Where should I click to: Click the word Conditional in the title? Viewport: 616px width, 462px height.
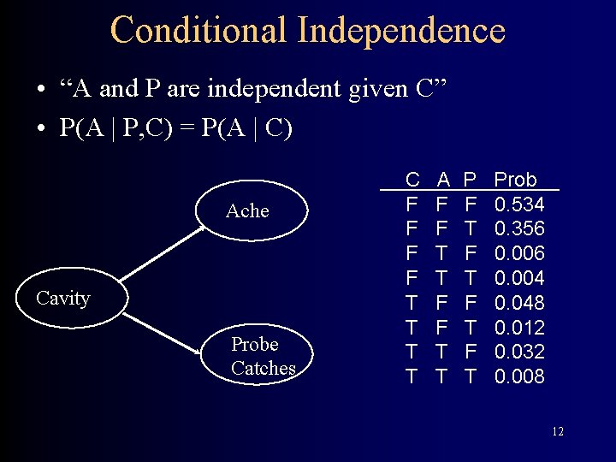[x=198, y=29]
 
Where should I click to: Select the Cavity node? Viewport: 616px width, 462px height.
[x=63, y=299]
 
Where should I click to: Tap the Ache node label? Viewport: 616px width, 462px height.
[x=247, y=210]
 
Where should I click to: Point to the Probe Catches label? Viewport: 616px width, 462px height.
[x=263, y=356]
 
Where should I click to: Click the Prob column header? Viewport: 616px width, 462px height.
[x=516, y=180]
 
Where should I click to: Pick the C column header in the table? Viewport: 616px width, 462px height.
[x=412, y=180]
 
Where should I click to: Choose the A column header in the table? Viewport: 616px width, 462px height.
[x=443, y=180]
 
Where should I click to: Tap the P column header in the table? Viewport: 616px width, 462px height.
[x=470, y=180]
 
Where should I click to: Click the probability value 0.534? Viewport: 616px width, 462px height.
[x=519, y=204]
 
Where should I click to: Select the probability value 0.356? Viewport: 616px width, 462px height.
[x=519, y=229]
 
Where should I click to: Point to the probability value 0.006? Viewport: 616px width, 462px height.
[x=519, y=254]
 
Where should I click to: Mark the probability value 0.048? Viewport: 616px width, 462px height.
[x=519, y=303]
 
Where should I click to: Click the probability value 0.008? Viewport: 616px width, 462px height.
[x=519, y=376]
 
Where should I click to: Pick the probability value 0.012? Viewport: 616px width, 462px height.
[x=519, y=328]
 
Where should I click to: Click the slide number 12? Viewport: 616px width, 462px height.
[x=557, y=432]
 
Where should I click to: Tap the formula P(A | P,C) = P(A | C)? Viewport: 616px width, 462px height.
[x=175, y=127]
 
